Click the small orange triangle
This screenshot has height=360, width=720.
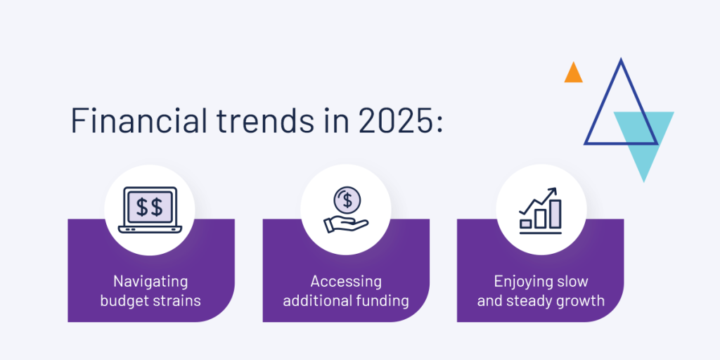click(574, 73)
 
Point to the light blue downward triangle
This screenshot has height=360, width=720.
click(644, 138)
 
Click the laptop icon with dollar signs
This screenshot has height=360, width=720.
click(150, 210)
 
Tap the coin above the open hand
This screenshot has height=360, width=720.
click(347, 200)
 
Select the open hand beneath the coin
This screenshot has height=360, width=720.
click(346, 224)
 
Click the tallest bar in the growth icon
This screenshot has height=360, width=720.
click(555, 214)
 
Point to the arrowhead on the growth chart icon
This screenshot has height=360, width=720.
click(553, 191)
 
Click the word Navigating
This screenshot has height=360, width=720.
click(150, 282)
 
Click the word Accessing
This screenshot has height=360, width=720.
click(346, 282)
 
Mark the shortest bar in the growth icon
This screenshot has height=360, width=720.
click(526, 224)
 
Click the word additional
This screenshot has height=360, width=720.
click(317, 301)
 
